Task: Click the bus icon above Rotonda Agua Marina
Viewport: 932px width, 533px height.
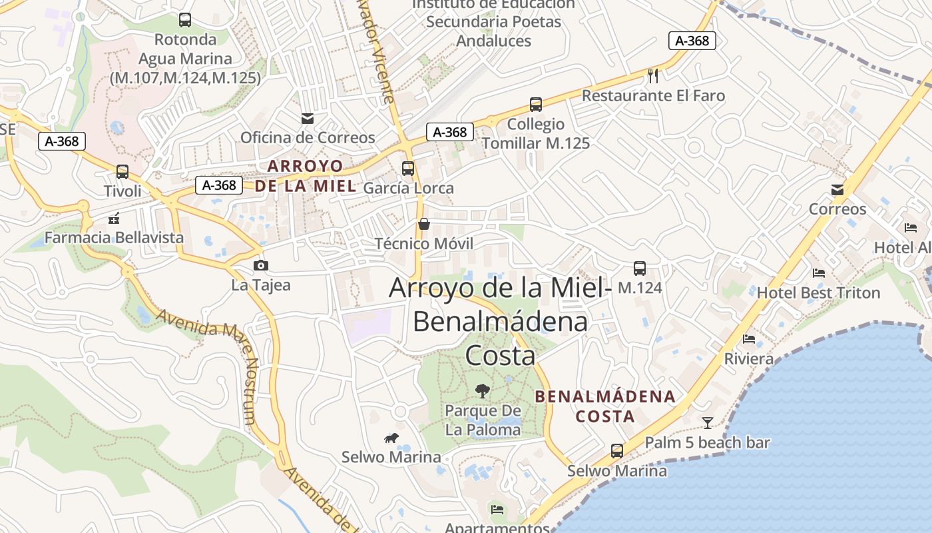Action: [x=185, y=20]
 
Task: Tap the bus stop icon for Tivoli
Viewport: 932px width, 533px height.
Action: [x=122, y=172]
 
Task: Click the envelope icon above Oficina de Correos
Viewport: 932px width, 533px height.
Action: [x=308, y=119]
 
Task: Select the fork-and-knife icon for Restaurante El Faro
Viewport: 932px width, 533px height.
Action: [x=653, y=76]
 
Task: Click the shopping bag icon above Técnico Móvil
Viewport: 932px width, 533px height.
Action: [x=423, y=224]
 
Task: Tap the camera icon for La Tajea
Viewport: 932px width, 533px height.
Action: [x=261, y=266]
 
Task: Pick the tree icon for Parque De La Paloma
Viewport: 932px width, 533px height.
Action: [x=483, y=390]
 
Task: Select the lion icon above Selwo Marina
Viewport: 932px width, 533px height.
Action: [x=391, y=438]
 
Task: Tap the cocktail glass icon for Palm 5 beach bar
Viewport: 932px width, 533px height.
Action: [x=707, y=423]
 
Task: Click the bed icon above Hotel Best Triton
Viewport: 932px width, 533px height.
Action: [x=819, y=273]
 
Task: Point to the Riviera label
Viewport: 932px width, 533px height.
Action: [x=749, y=359]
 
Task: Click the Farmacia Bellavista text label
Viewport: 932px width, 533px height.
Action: [x=114, y=238]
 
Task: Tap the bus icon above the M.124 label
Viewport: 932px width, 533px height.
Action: [x=640, y=268]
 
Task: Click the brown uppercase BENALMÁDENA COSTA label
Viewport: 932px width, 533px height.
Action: [x=605, y=406]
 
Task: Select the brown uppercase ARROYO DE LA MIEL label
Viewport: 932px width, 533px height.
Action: [x=306, y=176]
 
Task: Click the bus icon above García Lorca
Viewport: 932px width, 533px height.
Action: [x=408, y=169]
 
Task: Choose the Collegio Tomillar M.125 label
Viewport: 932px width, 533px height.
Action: [x=535, y=134]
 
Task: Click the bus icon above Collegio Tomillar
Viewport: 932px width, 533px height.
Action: [x=536, y=105]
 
